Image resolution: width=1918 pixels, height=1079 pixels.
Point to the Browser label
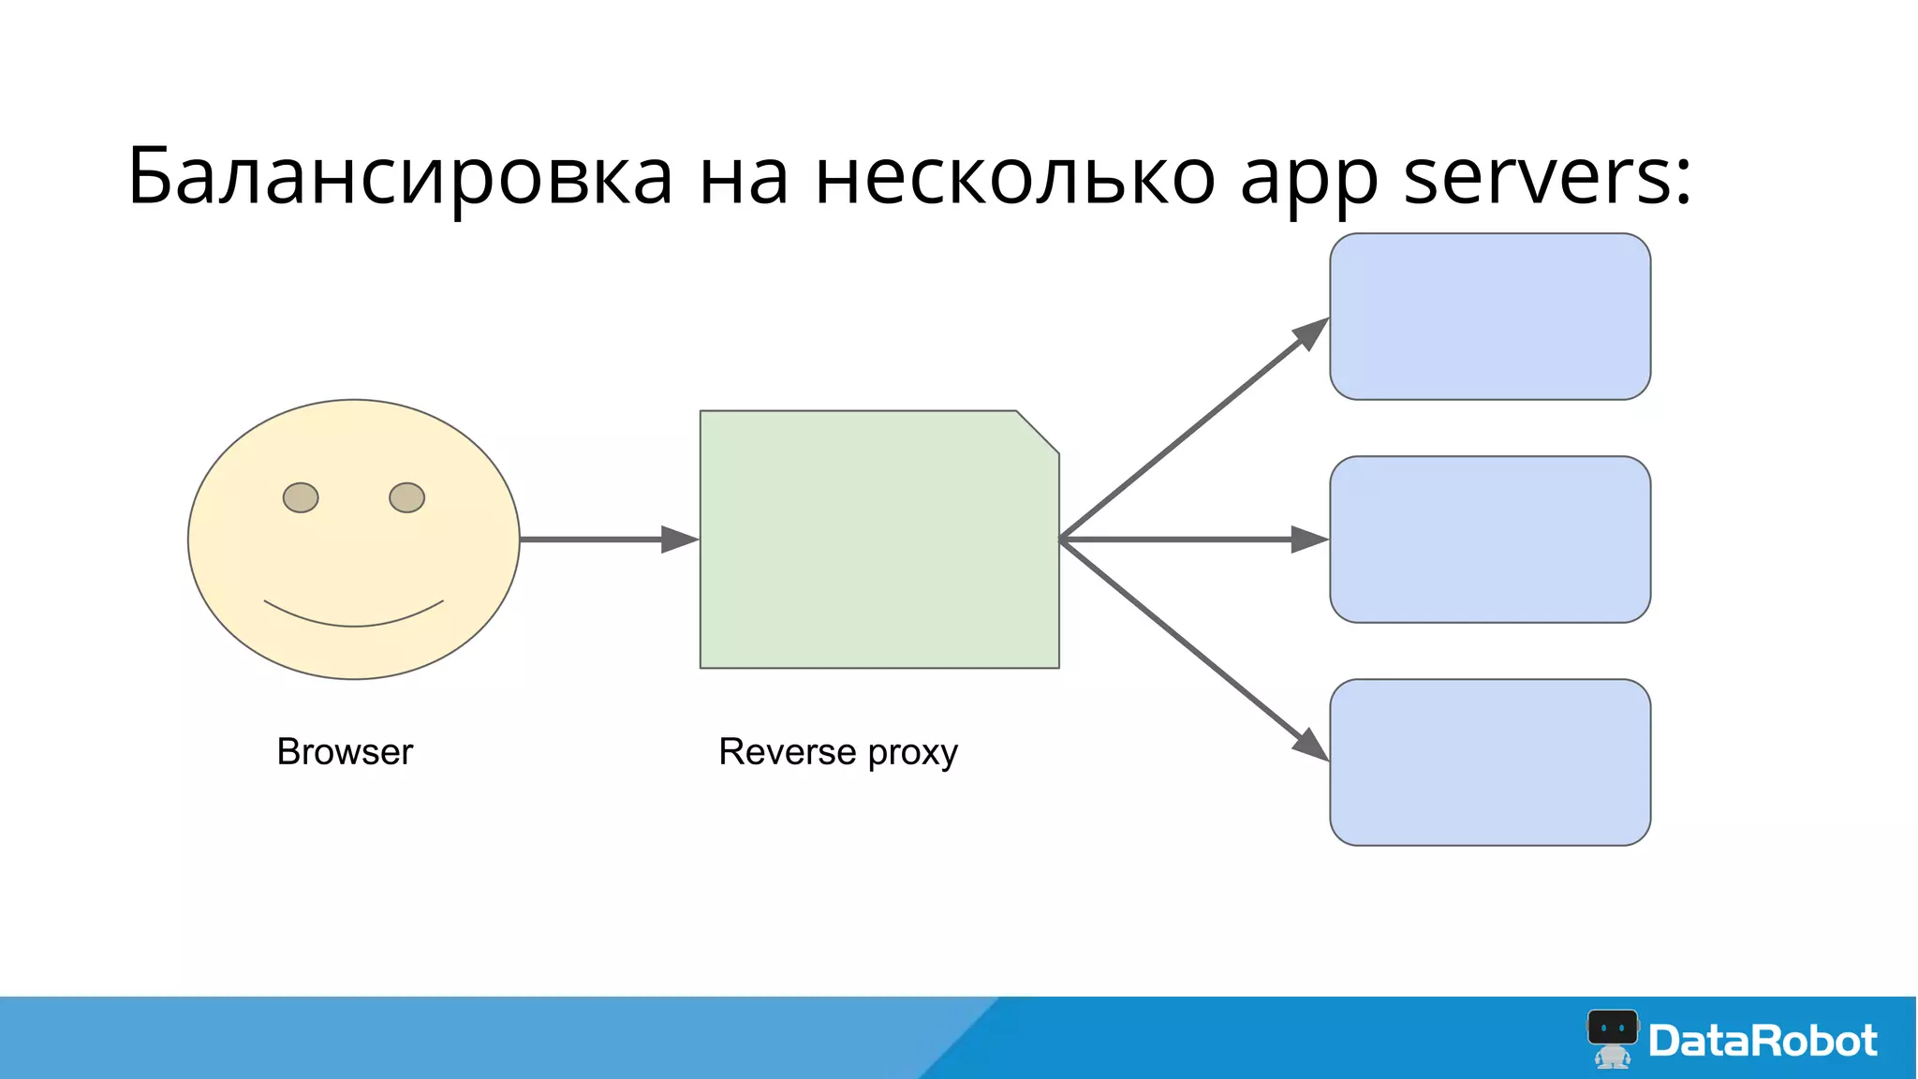[345, 752]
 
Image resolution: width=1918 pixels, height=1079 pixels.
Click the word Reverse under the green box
[787, 752]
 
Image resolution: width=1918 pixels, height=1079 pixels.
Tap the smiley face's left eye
[301, 497]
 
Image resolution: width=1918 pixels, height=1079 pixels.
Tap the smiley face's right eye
[406, 497]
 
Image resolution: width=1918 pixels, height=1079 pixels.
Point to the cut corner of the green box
[1038, 432]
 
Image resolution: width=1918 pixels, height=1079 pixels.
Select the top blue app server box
[1490, 317]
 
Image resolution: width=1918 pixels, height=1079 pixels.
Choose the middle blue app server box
[1490, 539]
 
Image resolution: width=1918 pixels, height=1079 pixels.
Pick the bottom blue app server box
[1490, 762]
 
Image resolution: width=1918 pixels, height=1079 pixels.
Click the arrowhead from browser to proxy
[678, 539]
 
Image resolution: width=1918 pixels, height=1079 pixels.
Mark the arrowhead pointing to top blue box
[1312, 332]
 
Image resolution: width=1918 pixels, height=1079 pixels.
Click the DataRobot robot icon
[1612, 1038]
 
